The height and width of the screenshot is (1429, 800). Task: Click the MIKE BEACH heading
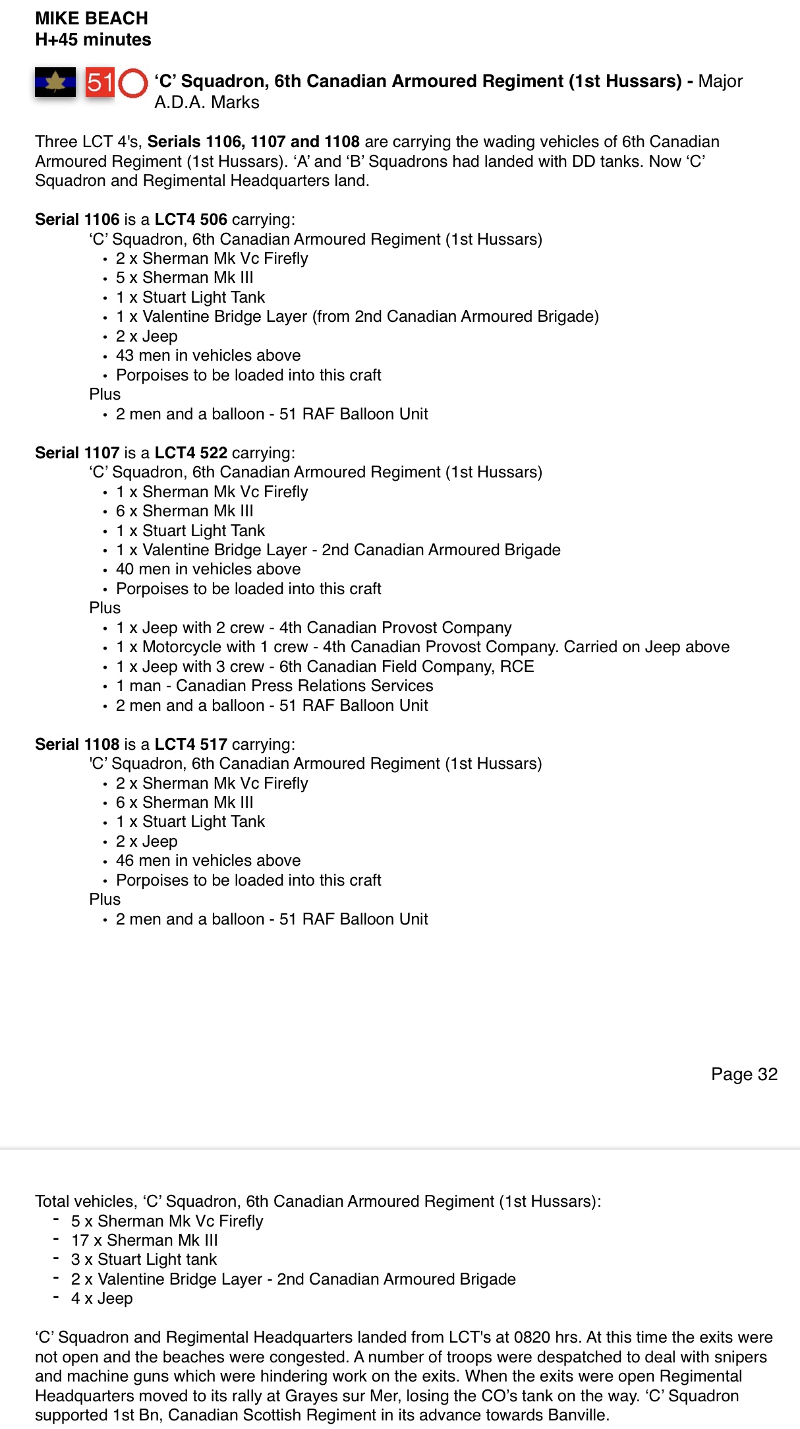(x=92, y=18)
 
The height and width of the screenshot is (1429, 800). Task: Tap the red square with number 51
(x=100, y=82)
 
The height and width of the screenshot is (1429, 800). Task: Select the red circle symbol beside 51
(x=133, y=83)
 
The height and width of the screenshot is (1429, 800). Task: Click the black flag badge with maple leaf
(x=55, y=82)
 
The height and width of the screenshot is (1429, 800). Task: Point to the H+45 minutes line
(x=93, y=40)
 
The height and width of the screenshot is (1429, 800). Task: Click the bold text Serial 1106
(x=77, y=220)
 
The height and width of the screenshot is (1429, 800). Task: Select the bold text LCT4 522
(x=190, y=453)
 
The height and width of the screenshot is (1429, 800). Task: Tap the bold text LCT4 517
(x=190, y=745)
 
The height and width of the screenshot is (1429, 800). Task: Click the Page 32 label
(x=744, y=1074)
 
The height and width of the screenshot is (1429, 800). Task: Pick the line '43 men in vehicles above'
(x=208, y=355)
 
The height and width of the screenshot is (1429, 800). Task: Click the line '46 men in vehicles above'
(x=208, y=861)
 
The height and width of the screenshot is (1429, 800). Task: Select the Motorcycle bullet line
(x=422, y=647)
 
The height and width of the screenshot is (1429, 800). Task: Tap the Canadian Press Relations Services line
(x=275, y=686)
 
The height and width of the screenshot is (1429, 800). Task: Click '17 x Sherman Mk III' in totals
(x=144, y=1240)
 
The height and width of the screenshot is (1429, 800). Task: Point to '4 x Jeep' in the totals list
(x=102, y=1298)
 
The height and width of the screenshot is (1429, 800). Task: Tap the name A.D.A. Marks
(x=207, y=102)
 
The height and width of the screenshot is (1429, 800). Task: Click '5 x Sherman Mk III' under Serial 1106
(x=185, y=278)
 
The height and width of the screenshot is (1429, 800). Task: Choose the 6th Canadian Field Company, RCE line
(x=325, y=667)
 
